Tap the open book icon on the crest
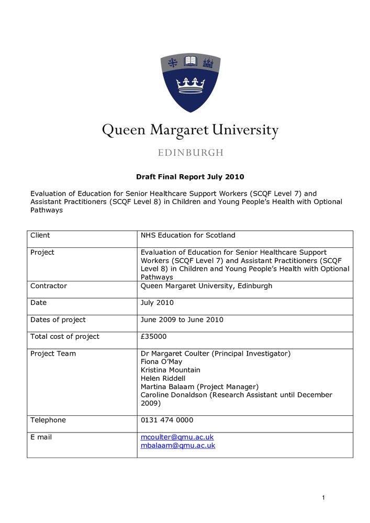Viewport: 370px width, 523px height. tap(190, 63)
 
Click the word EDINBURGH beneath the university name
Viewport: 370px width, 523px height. tap(190, 153)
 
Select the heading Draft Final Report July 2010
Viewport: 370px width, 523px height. tap(190, 177)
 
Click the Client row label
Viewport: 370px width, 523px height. tap(40, 235)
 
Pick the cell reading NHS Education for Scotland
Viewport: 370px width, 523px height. tap(188, 235)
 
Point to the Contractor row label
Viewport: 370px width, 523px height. tap(49, 286)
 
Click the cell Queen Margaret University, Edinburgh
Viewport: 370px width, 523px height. tap(206, 286)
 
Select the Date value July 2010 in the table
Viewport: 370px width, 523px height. tap(157, 303)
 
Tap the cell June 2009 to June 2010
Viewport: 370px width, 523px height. tap(182, 320)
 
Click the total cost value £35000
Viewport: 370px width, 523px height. tap(154, 336)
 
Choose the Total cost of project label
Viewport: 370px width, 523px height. tap(65, 336)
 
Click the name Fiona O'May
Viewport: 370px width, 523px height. tap(161, 361)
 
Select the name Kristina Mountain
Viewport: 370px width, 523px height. tap(171, 370)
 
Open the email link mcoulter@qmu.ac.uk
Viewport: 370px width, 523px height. tap(177, 437)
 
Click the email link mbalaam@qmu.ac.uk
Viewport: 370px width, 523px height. tap(178, 446)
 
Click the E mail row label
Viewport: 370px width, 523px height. tap(41, 437)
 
